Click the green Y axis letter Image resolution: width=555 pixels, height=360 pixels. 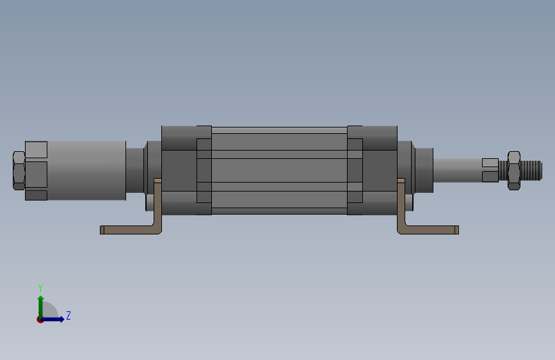(40, 288)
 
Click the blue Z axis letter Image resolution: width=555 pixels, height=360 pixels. (68, 315)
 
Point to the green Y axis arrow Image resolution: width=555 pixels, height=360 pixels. (41, 307)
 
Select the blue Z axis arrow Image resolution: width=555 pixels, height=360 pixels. (52, 319)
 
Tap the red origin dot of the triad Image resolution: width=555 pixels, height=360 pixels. (40, 320)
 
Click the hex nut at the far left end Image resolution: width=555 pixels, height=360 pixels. (19, 170)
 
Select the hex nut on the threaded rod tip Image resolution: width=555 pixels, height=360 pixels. (513, 170)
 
